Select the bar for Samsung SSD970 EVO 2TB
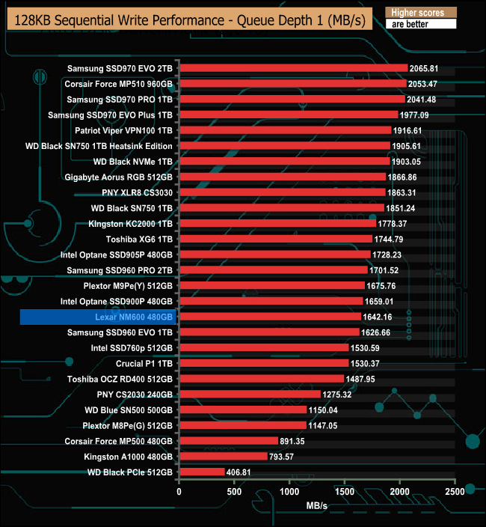pos(293,67)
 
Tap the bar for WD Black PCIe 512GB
pos(202,472)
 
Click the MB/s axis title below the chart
pos(316,506)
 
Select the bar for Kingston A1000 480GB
pos(223,457)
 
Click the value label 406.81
pos(243,472)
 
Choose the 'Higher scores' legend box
pos(419,13)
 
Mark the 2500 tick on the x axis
pos(455,493)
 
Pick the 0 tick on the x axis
pos(179,493)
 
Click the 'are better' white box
pos(419,24)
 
